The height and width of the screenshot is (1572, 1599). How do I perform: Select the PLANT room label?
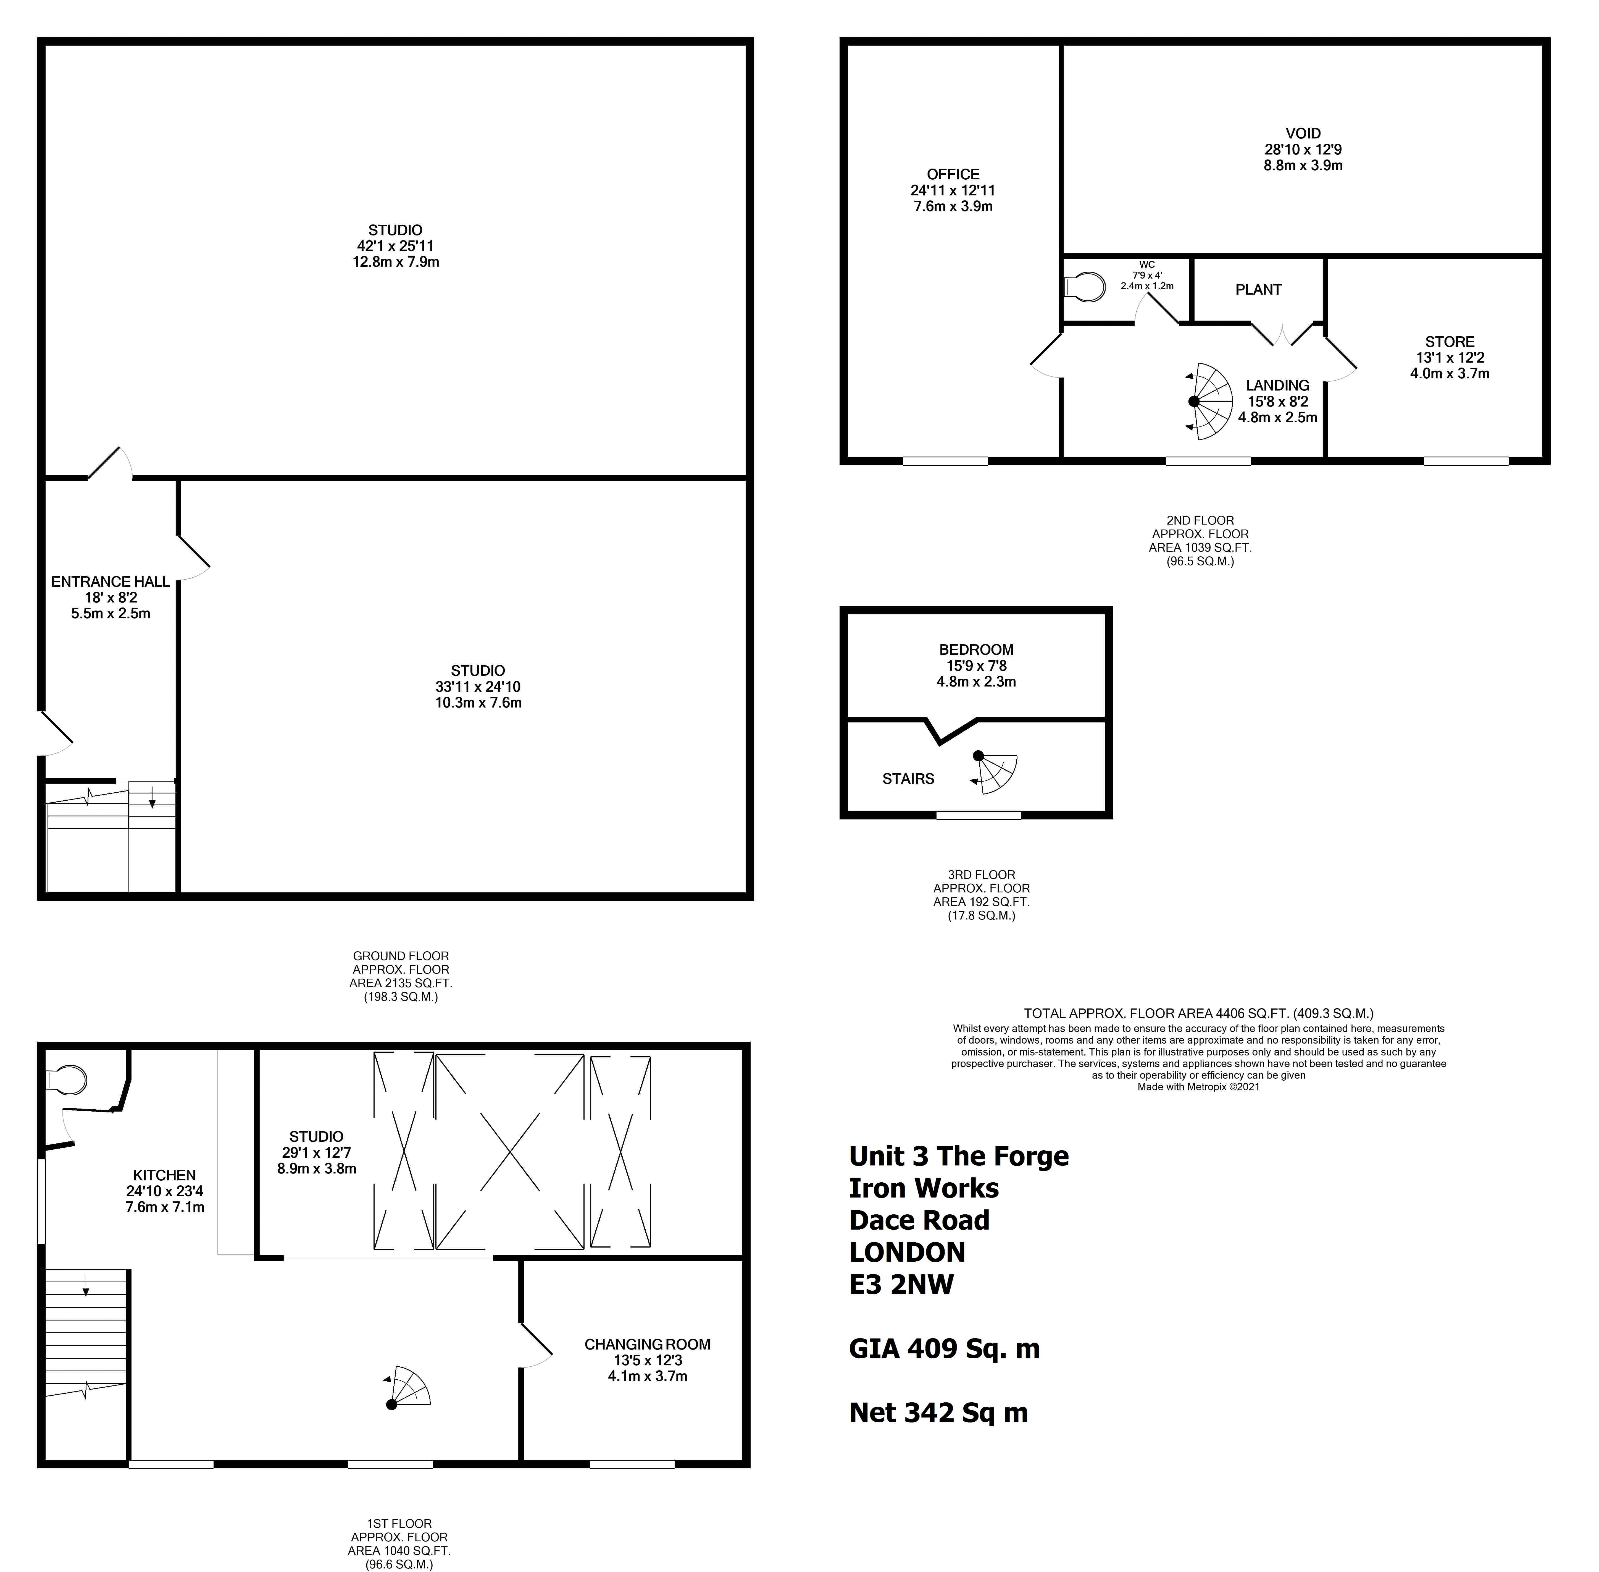[x=1258, y=290]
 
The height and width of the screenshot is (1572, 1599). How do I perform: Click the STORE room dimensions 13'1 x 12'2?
[x=1450, y=358]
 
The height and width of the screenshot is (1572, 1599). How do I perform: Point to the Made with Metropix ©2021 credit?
[x=1199, y=1086]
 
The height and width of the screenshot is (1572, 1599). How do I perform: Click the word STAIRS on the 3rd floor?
[x=908, y=779]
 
